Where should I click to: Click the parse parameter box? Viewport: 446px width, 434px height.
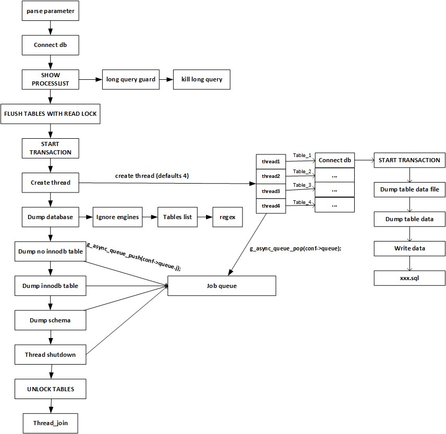click(50, 11)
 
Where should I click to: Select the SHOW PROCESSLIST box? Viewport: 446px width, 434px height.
click(50, 79)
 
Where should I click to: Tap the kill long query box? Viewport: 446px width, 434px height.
click(201, 79)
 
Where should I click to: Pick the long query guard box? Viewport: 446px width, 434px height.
click(130, 79)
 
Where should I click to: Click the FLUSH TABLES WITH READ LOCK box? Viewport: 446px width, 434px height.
click(50, 114)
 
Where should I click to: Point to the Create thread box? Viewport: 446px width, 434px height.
click(50, 183)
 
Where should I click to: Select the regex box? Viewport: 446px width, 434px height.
click(227, 217)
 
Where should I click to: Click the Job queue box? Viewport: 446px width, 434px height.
click(221, 286)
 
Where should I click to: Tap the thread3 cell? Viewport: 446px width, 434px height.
click(271, 191)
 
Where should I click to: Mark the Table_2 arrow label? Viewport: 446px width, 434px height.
click(302, 172)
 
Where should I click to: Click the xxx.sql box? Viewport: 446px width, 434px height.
click(409, 278)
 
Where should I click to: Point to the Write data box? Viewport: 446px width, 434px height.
click(409, 248)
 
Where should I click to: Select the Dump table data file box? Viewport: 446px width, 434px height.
click(409, 190)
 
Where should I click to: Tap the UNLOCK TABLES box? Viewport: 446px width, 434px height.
click(50, 389)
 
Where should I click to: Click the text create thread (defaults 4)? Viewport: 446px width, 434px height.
click(152, 176)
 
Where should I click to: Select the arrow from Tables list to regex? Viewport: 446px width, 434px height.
click(205, 217)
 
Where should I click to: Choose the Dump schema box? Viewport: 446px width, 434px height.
click(50, 320)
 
